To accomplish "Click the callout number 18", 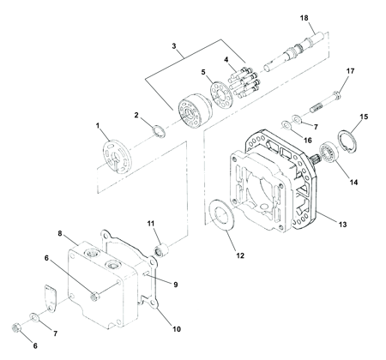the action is tap(305, 18).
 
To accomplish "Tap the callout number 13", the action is tap(342, 225).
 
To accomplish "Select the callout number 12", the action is tap(240, 255).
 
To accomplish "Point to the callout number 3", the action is tap(174, 46).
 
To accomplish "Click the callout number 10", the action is tap(177, 329).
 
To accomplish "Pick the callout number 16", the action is tap(308, 141).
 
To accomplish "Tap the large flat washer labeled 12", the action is tap(221, 215).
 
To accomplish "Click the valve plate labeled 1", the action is tap(118, 156).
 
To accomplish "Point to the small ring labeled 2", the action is tap(158, 131).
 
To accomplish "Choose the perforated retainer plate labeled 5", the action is tap(221, 94).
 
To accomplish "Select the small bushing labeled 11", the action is tap(161, 249).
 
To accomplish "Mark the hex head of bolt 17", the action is tap(337, 94).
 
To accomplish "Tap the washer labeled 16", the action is tap(286, 125).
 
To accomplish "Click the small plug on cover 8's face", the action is tap(95, 296).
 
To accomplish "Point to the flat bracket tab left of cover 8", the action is tap(50, 298).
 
